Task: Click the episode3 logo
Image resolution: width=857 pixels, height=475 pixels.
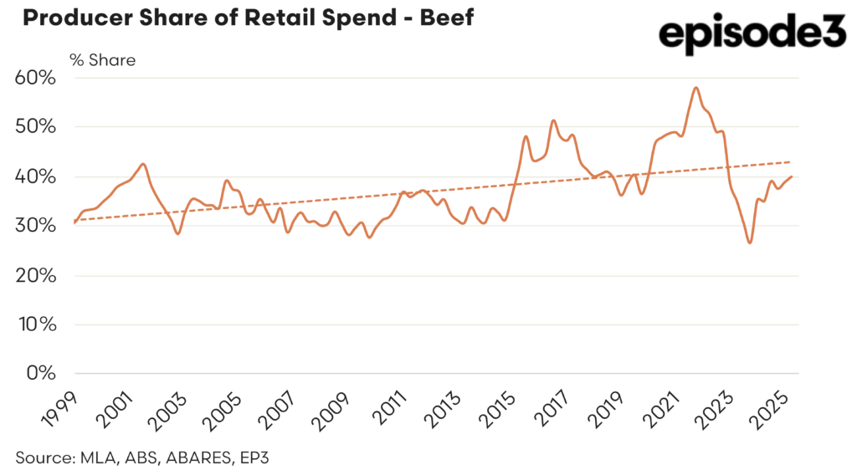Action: [x=752, y=36]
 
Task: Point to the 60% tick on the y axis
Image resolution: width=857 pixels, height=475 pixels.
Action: [x=35, y=79]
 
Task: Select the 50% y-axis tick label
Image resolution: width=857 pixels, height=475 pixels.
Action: [x=35, y=128]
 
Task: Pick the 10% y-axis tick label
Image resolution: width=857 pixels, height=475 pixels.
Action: [x=36, y=324]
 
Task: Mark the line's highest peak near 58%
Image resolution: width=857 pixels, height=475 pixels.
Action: [x=696, y=88]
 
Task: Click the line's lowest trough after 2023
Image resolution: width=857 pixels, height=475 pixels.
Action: [x=750, y=243]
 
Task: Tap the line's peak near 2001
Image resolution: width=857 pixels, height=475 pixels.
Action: [x=144, y=164]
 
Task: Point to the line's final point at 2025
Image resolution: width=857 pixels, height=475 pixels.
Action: [x=792, y=176]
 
